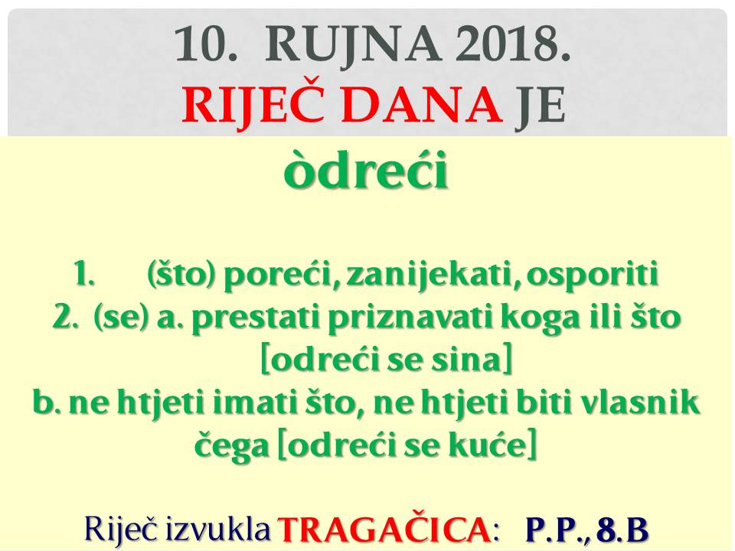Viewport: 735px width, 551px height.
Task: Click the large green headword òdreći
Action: [366, 170]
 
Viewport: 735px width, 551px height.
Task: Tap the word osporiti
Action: [593, 276]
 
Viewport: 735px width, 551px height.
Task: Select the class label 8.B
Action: [622, 530]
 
